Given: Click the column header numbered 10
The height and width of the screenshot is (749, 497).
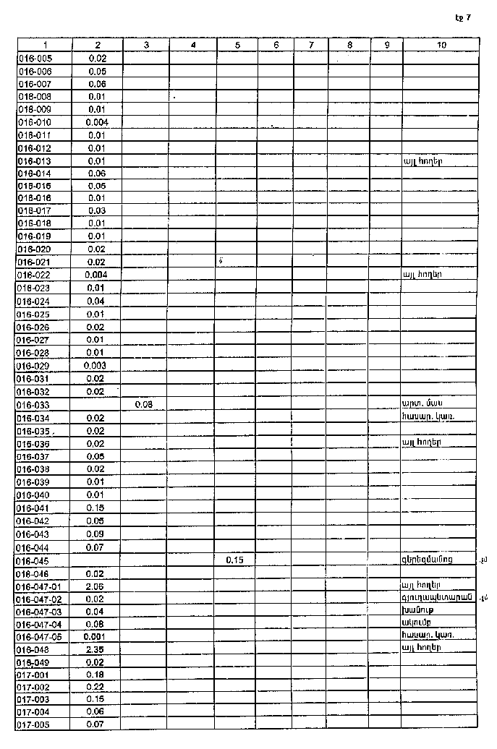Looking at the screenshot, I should [441, 45].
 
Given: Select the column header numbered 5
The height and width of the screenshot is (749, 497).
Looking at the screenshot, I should [238, 45].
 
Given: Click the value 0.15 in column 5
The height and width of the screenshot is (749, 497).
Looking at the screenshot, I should [234, 560].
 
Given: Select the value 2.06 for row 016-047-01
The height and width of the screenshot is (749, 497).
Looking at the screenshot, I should [96, 586].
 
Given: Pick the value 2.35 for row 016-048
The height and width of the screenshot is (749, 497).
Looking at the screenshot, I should [96, 649].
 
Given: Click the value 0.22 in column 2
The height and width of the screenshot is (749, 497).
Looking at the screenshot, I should [96, 688].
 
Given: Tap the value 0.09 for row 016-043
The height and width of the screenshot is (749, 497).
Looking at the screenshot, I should [96, 534].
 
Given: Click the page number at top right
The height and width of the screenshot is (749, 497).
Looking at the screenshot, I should [463, 17].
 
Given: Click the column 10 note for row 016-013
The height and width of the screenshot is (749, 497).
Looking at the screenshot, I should [423, 160].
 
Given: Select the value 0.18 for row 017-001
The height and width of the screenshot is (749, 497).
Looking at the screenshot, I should [96, 675].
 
